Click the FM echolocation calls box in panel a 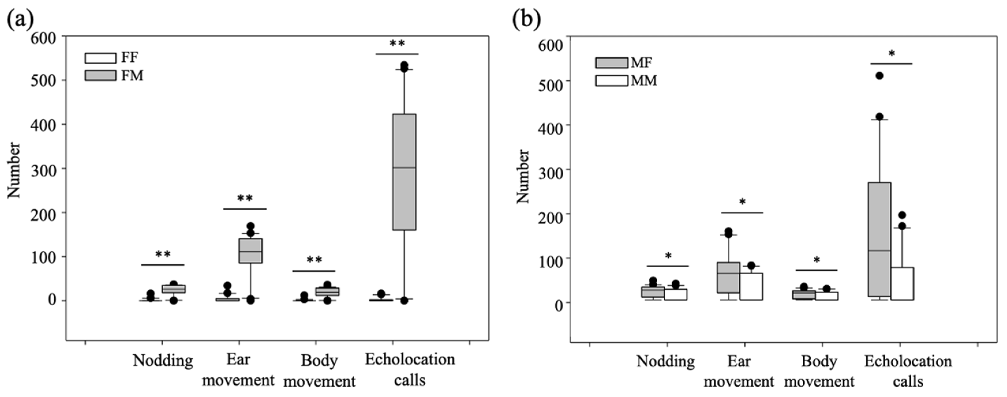404,172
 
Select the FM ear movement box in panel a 250,251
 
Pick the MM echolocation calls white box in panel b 902,284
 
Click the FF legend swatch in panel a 100,58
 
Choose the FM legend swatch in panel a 100,76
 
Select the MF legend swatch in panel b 611,63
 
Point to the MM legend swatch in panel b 611,80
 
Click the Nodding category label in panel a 163,360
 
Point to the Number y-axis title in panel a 14,170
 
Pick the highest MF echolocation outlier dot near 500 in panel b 879,76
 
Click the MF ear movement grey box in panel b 728,277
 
